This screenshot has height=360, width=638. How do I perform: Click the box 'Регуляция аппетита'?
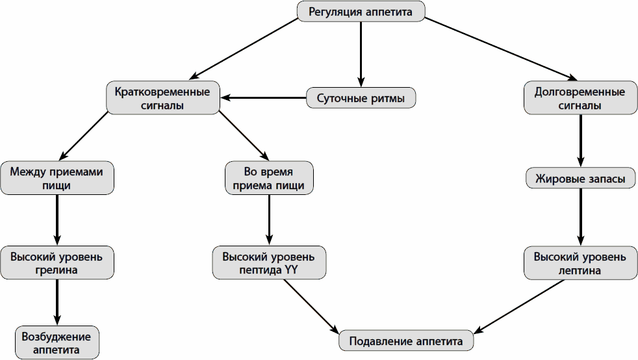[x=361, y=11]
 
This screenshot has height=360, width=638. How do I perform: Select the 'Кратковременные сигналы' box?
[x=162, y=98]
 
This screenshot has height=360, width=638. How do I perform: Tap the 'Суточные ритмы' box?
[x=361, y=99]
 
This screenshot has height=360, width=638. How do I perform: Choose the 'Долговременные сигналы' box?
[x=580, y=98]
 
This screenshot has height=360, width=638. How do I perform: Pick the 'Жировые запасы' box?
[x=580, y=178]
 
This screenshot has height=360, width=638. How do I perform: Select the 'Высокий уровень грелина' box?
[x=57, y=263]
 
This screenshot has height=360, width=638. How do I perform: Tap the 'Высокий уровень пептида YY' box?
[x=268, y=263]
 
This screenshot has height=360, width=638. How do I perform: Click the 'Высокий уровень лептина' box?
[x=580, y=263]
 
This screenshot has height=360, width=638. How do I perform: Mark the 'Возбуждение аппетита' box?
[x=57, y=342]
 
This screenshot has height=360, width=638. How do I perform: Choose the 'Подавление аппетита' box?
[x=406, y=341]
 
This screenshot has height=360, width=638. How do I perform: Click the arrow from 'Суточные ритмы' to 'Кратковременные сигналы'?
[x=263, y=99]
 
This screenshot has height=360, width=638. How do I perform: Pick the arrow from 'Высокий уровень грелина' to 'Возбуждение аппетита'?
[x=57, y=302]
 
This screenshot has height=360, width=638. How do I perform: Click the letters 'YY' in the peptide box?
[x=291, y=270]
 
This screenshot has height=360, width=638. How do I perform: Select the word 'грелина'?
[x=57, y=270]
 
